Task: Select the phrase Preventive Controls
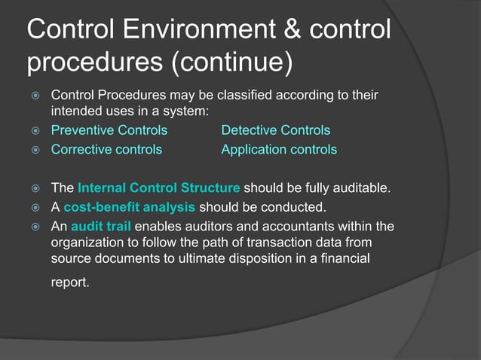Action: click(109, 131)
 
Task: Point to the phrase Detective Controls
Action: click(275, 131)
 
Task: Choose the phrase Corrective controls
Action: click(106, 149)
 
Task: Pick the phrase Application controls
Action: click(279, 149)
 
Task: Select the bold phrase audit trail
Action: click(101, 227)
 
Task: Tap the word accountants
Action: click(281, 227)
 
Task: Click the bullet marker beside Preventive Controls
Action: click(34, 131)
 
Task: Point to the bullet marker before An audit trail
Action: click(34, 227)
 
